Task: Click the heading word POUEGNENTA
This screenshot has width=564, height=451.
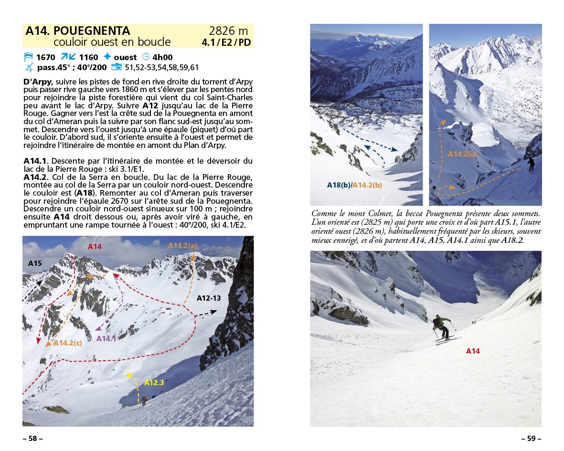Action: point(92,31)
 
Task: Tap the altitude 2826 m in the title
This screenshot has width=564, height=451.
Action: point(229,31)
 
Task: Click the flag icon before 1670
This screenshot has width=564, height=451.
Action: point(28,57)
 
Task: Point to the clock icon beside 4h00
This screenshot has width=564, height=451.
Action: point(146,57)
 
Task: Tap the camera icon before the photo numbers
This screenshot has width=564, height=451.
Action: point(117,67)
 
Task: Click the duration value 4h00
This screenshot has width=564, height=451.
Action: point(162,57)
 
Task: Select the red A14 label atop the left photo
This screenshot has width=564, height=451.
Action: point(95,247)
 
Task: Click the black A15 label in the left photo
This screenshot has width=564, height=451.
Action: point(35,263)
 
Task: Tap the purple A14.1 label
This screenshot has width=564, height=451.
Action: point(106,338)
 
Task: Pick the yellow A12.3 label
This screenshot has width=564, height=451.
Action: point(154,382)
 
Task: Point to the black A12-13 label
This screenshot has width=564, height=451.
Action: point(209,298)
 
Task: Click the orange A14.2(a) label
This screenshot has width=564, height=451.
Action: point(182,245)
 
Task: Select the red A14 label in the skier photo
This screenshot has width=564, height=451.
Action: point(473,351)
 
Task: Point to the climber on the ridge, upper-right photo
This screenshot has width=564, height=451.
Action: point(531,164)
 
